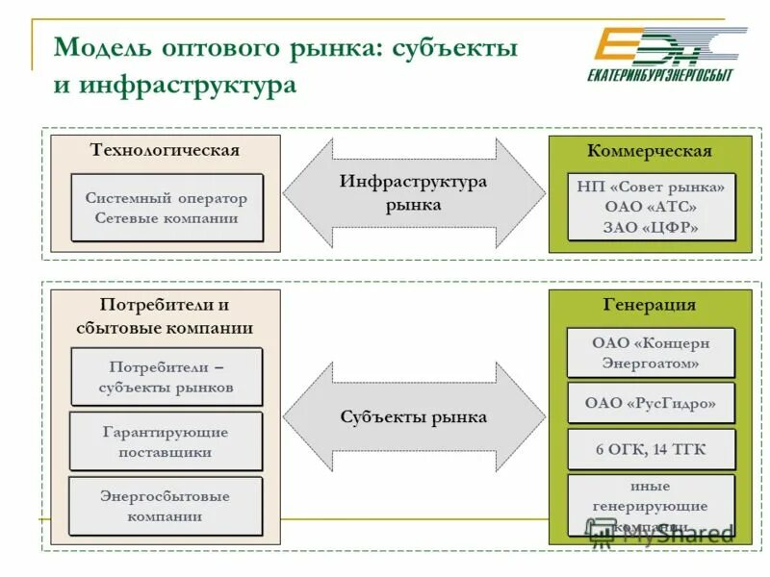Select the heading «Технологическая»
tap(165, 150)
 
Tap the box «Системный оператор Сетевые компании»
tap(167, 208)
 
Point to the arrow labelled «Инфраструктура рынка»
tap(414, 192)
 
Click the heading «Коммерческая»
tap(650, 151)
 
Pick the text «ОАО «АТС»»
tap(651, 207)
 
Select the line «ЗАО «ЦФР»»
tap(651, 228)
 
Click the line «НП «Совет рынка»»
tap(651, 187)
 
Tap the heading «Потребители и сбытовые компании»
tap(165, 316)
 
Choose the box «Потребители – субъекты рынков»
tap(166, 378)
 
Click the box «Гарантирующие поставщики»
tap(166, 441)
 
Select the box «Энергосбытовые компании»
tap(166, 506)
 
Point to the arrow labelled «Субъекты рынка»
tap(414, 417)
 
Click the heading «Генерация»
tap(650, 305)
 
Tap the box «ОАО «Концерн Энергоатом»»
tap(651, 353)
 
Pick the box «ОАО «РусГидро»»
tap(651, 404)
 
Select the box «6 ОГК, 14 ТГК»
tap(651, 449)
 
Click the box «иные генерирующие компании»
tap(651, 505)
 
